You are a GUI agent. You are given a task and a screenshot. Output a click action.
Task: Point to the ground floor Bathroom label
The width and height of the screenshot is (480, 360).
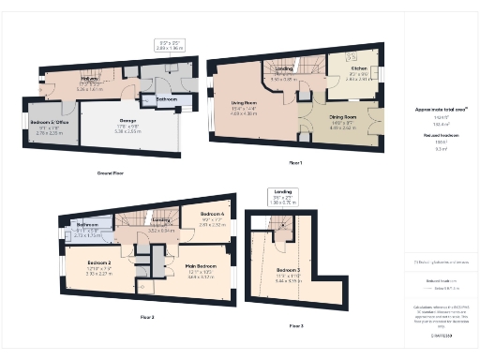pos(167,98)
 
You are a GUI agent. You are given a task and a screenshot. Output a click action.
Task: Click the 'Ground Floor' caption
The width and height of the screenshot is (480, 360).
pos(110,172)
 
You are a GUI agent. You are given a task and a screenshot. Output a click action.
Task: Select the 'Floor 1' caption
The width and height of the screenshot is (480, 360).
pos(295,163)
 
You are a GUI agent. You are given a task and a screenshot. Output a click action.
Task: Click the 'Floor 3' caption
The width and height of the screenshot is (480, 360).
pos(295,325)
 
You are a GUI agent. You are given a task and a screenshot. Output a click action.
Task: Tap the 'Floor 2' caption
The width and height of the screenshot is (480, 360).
pos(147,318)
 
